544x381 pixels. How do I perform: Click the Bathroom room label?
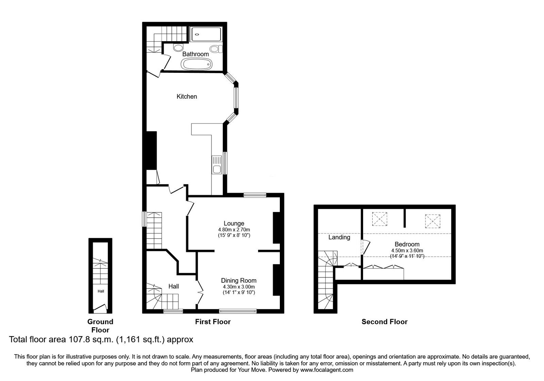(195, 54)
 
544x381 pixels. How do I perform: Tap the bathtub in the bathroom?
(197, 64)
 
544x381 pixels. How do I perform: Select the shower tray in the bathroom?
(206, 34)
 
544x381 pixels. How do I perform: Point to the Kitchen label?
(187, 97)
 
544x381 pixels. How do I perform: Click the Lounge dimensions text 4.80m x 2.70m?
(234, 230)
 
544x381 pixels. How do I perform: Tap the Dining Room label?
(239, 281)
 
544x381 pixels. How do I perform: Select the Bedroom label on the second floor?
(407, 244)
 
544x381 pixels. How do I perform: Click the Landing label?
(339, 237)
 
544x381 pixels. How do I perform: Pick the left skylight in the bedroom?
(380, 219)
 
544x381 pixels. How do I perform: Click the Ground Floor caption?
(100, 326)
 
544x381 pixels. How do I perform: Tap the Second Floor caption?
(384, 322)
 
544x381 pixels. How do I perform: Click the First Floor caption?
(213, 322)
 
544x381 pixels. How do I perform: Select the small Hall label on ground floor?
(101, 291)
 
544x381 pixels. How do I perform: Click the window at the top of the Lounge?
(255, 195)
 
